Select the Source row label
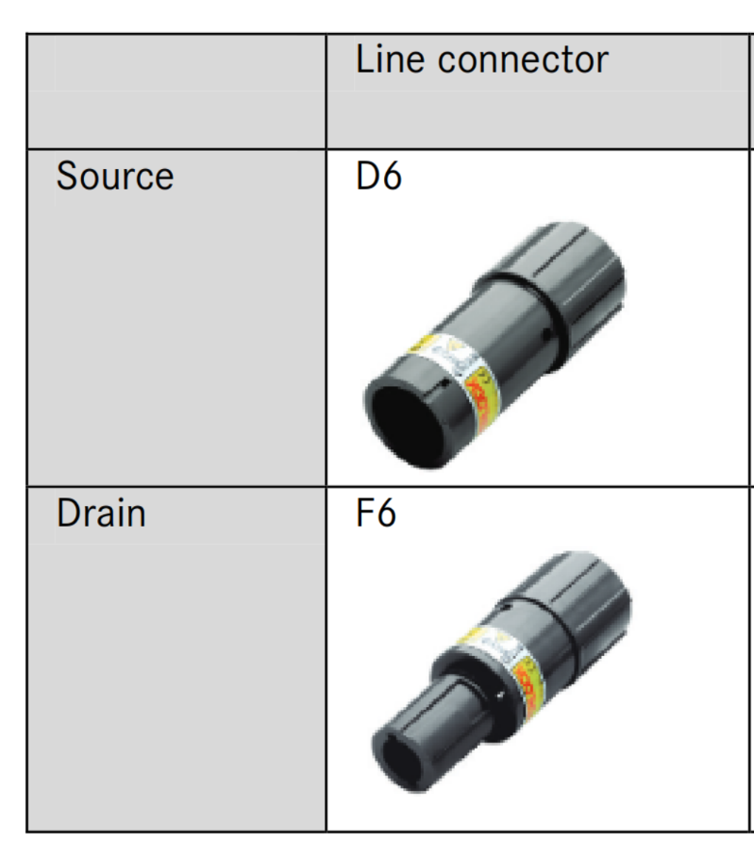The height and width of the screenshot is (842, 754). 115,177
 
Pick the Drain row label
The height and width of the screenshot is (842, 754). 101,514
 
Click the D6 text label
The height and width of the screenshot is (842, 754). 378,177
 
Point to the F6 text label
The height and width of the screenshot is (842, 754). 377,514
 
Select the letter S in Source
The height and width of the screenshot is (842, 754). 67,177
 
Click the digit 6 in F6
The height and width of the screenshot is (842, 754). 386,514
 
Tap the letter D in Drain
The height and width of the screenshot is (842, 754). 67,514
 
